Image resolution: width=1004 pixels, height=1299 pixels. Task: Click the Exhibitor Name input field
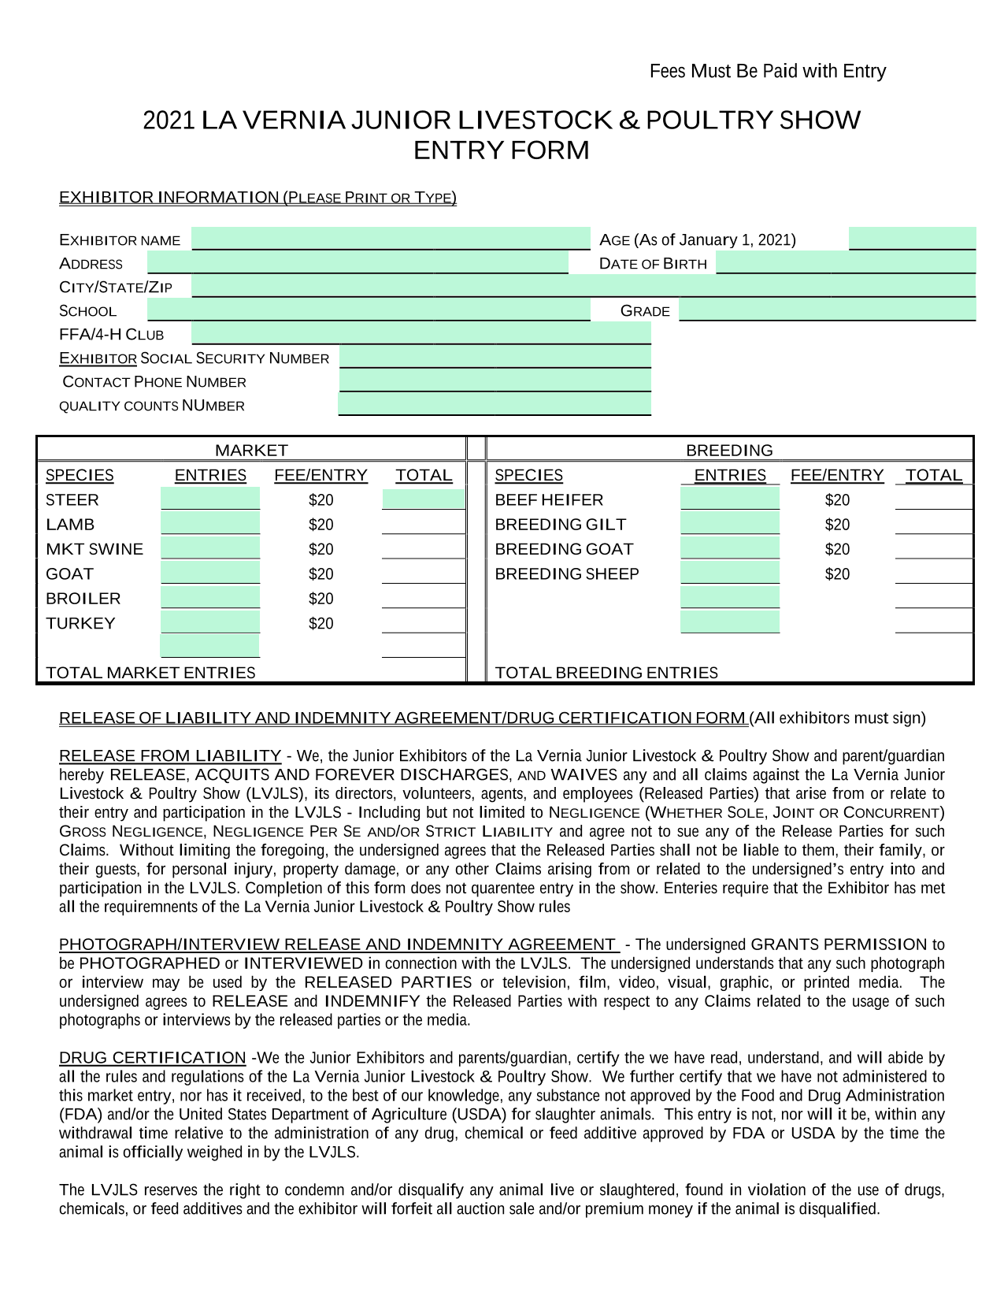[391, 239]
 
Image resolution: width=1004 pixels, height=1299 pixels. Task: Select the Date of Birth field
[845, 263]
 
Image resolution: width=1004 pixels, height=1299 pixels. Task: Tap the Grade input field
[827, 310]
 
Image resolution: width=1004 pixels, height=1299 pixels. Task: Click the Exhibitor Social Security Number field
[495, 357]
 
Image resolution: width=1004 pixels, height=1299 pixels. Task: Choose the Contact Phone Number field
[495, 380]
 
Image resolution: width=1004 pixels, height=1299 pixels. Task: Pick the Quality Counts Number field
[495, 404]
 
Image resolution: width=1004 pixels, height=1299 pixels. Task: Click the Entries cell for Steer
[210, 499]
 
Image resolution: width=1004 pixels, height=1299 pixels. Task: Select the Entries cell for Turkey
[210, 622]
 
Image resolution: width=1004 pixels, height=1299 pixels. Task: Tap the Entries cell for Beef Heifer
[729, 499]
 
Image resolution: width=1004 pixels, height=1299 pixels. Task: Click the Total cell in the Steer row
[424, 499]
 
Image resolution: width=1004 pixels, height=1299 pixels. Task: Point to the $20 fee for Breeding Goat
[837, 549]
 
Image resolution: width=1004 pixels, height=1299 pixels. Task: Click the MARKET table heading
[251, 450]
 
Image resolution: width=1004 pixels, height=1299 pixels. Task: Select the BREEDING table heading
[729, 450]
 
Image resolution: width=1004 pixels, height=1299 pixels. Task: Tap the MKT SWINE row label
[94, 549]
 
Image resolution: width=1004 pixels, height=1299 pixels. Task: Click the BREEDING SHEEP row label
[567, 573]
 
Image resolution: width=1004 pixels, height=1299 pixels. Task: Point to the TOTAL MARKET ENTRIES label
[150, 673]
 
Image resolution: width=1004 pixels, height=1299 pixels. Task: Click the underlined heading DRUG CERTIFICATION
[153, 1057]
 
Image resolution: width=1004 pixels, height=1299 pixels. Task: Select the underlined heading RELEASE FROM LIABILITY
[170, 755]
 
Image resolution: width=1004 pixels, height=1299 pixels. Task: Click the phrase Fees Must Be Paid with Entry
[768, 72]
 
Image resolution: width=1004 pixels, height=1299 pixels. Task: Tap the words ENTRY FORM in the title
[502, 150]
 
